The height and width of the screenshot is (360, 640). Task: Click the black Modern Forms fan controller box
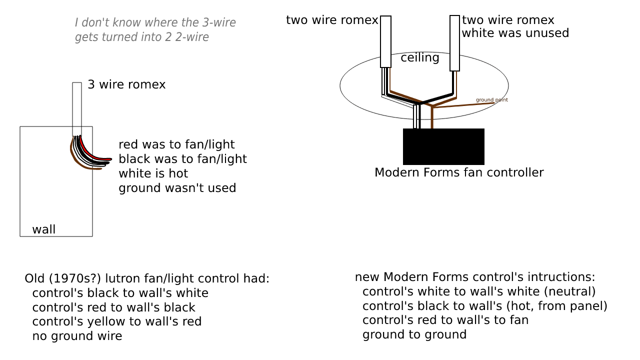[443, 146]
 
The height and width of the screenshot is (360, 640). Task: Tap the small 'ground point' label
[491, 100]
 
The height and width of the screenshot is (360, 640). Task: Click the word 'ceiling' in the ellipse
[420, 58]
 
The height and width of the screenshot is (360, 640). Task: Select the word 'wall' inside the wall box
[44, 229]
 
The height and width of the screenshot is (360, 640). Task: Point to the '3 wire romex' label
[126, 84]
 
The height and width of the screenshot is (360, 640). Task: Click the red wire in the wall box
[88, 150]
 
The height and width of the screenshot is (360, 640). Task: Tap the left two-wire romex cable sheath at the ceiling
[385, 41]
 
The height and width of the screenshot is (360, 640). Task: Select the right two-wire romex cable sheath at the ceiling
[454, 43]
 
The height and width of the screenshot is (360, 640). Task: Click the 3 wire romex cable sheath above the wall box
[77, 107]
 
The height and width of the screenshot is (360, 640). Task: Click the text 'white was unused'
[515, 33]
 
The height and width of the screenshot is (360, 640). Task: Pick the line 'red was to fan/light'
[176, 145]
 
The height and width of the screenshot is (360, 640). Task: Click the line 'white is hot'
[153, 173]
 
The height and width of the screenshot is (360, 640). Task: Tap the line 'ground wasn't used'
[177, 188]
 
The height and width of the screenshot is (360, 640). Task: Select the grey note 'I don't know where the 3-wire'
[155, 23]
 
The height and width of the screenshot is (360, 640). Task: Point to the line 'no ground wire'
[77, 336]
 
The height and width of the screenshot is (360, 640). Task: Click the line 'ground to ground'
[414, 334]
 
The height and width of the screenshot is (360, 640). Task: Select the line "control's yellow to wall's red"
[116, 321]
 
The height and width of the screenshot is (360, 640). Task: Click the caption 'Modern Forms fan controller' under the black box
[459, 172]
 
